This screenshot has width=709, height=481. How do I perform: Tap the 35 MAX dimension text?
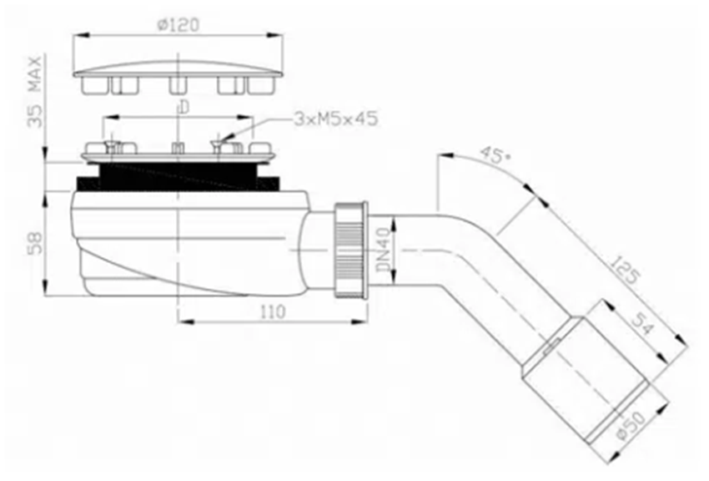[x=35, y=91]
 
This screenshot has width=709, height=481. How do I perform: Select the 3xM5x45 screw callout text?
[x=336, y=119]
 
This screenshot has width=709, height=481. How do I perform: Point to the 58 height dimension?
[x=35, y=242]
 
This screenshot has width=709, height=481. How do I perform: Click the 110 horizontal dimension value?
[x=273, y=311]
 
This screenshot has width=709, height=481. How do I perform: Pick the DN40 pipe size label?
[x=384, y=250]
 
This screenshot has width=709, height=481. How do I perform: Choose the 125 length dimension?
[x=626, y=269]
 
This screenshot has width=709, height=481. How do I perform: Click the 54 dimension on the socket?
[x=642, y=324]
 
